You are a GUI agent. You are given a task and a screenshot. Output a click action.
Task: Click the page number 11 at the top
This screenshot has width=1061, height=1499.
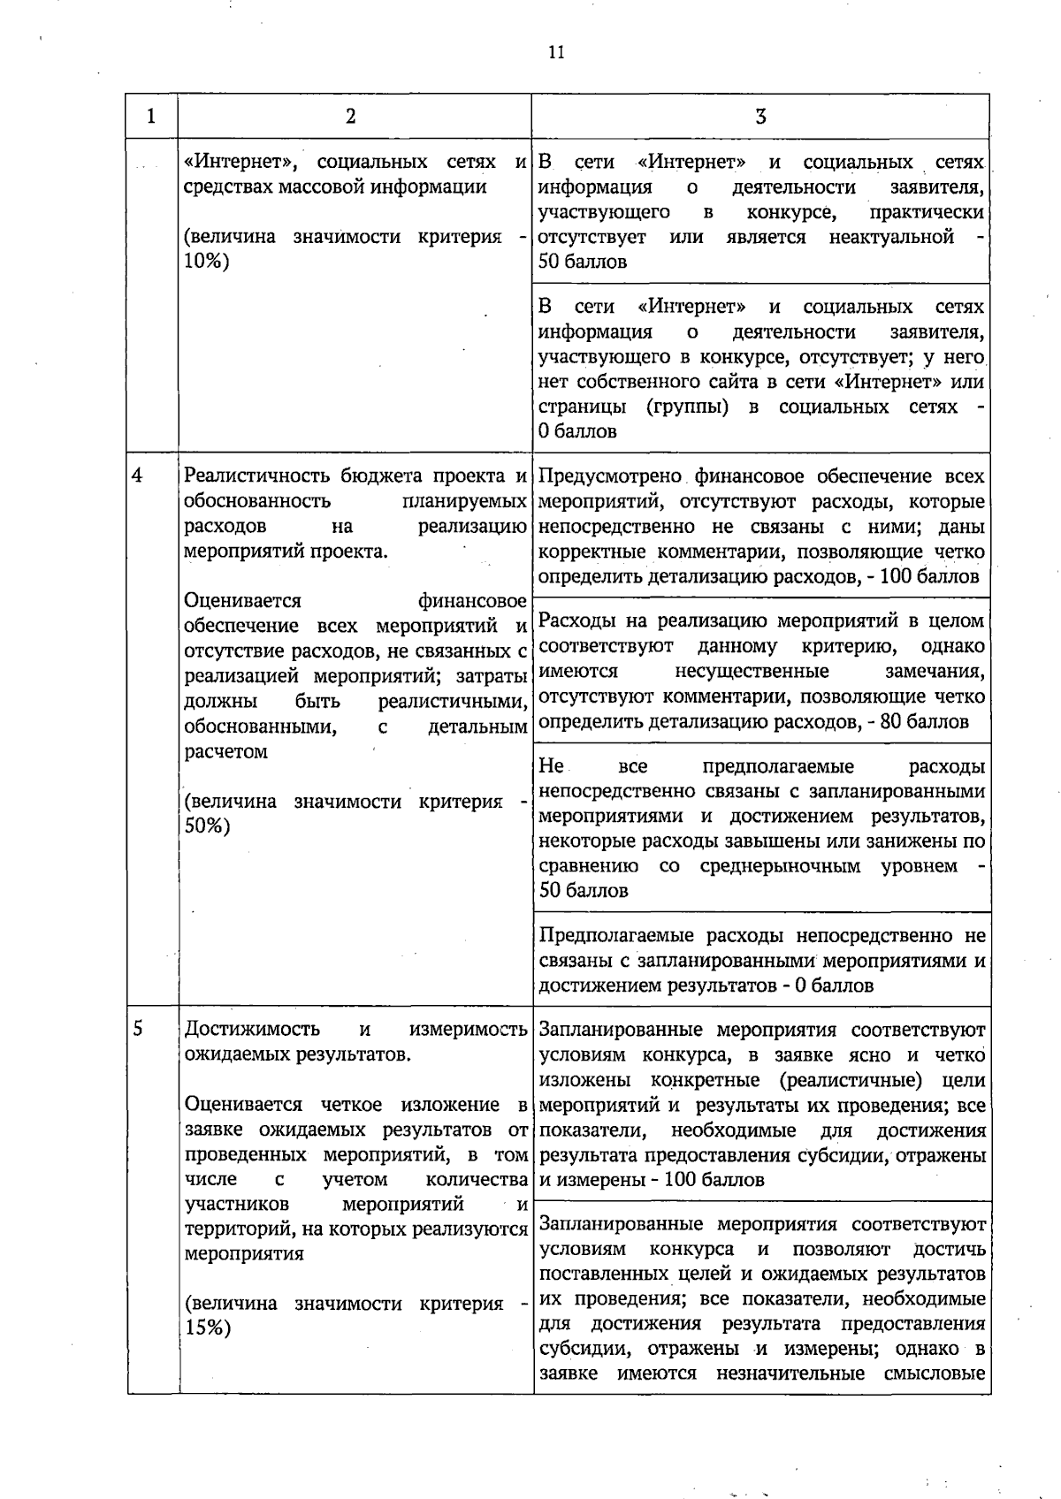pos(555,52)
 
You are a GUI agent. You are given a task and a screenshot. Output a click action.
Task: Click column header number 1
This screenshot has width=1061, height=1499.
pos(151,117)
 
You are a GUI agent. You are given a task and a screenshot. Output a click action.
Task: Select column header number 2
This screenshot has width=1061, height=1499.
pos(351,117)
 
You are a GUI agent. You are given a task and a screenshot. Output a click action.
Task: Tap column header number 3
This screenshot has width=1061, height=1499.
pos(760,117)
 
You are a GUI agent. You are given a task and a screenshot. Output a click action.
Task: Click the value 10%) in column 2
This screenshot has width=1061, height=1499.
pos(206,262)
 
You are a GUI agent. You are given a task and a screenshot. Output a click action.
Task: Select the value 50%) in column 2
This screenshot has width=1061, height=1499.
pos(207,826)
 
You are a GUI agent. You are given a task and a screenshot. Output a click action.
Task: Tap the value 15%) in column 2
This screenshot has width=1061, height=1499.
pos(207,1328)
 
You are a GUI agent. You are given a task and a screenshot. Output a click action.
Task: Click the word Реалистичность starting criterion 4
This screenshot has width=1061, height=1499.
pos(257,476)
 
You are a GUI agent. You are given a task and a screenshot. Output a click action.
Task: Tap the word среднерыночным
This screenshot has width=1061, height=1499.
pos(780,866)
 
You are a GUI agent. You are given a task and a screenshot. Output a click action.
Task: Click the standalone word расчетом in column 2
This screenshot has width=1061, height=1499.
pos(225,752)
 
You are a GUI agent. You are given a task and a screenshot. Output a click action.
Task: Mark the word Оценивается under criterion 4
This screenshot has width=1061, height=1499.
pos(242,602)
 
